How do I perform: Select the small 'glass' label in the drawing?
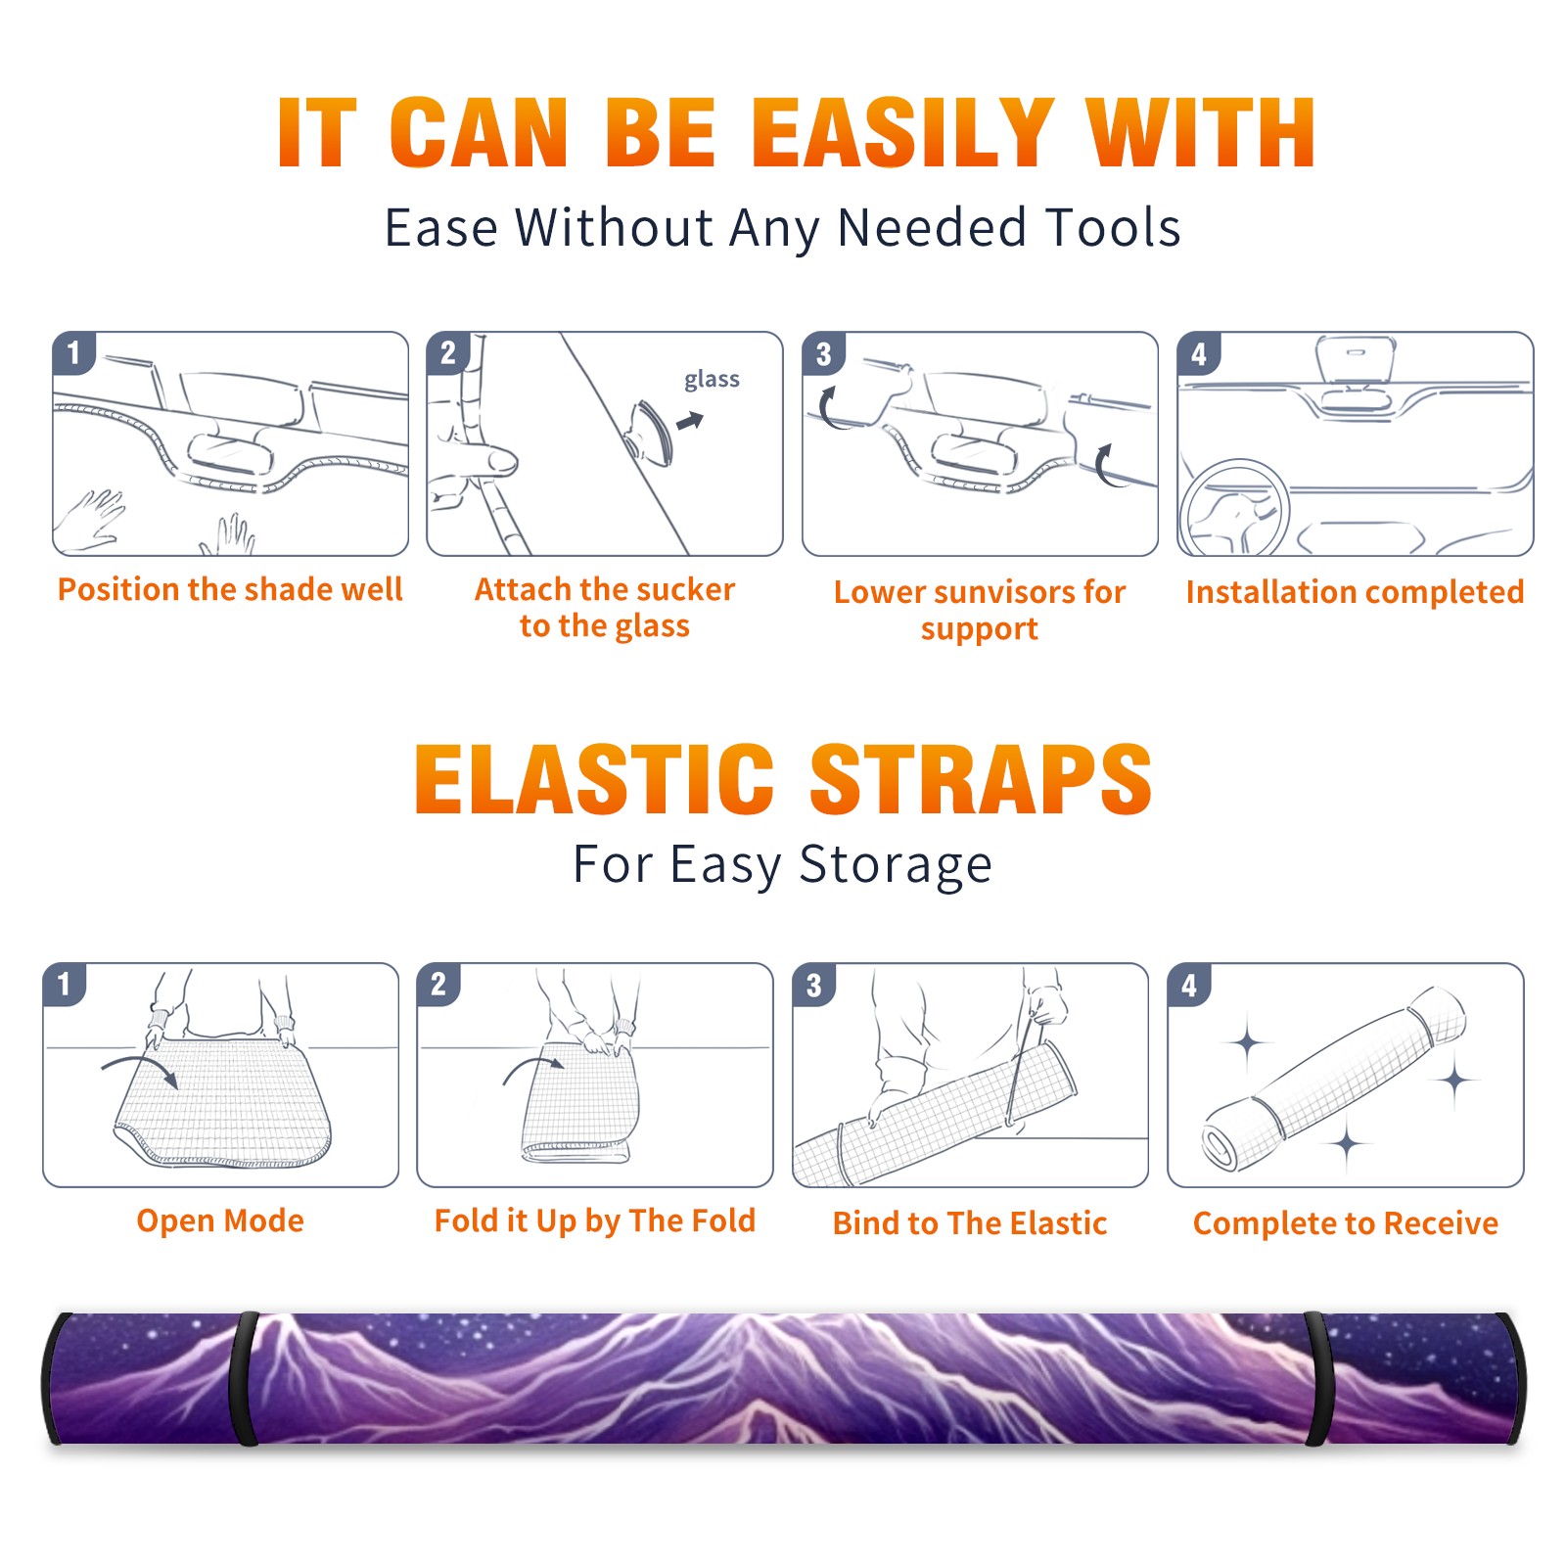pyautogui.click(x=712, y=380)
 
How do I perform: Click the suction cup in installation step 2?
pyautogui.click(x=652, y=432)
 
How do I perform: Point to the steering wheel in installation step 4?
pyautogui.click(x=1233, y=509)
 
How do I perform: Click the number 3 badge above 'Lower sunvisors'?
pyautogui.click(x=823, y=353)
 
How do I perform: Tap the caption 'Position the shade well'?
pyautogui.click(x=230, y=589)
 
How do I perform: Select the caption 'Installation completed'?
pyautogui.click(x=1355, y=591)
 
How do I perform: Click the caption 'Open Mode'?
pyautogui.click(x=220, y=1221)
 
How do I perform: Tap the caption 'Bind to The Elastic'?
pyautogui.click(x=970, y=1223)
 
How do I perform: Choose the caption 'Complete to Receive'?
pyautogui.click(x=1346, y=1223)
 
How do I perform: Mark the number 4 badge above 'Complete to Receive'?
pyautogui.click(x=1188, y=985)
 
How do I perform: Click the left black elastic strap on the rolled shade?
pyautogui.click(x=245, y=1378)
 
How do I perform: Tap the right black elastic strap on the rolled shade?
pyautogui.click(x=1316, y=1378)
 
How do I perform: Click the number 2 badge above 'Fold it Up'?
pyautogui.click(x=438, y=984)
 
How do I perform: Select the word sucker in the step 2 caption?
pyautogui.click(x=684, y=589)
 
